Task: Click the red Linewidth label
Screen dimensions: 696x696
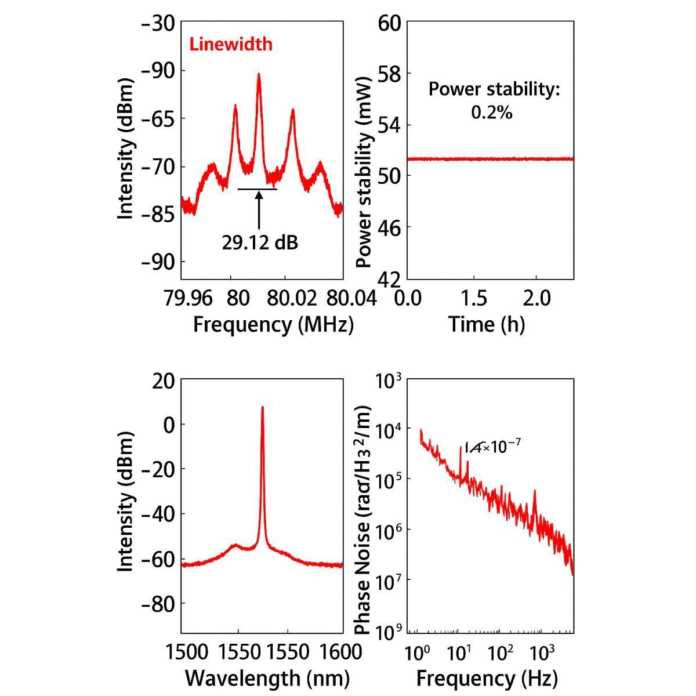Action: [x=231, y=44]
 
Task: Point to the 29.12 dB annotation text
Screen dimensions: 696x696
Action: [x=260, y=242]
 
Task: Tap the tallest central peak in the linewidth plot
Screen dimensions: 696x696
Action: [x=259, y=75]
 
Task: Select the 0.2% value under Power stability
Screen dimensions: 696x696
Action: [x=491, y=112]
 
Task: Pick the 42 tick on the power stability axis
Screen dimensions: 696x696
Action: [x=390, y=279]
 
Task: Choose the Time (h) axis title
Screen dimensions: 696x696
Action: [x=486, y=324]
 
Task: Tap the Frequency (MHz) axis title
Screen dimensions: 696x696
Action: [x=273, y=324]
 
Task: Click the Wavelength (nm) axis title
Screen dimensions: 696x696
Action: [x=267, y=677]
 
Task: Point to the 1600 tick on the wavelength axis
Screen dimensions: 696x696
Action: [x=340, y=651]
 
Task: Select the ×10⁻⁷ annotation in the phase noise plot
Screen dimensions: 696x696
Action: [x=493, y=447]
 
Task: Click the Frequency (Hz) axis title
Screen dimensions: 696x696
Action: [x=487, y=677]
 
